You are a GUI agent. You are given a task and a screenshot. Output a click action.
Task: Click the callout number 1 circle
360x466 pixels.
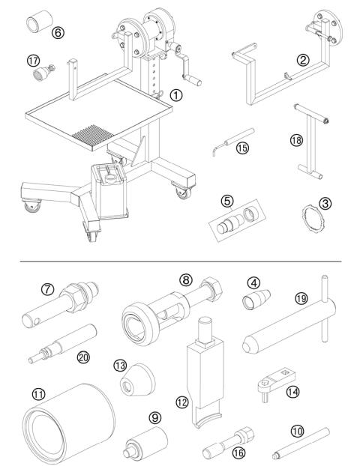coord(175,95)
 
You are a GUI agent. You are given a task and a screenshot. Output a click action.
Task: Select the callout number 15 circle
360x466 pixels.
coord(241,148)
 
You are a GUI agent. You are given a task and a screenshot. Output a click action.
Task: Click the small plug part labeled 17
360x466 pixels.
coord(41,73)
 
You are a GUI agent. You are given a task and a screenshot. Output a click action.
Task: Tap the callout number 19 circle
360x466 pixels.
coord(299,298)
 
